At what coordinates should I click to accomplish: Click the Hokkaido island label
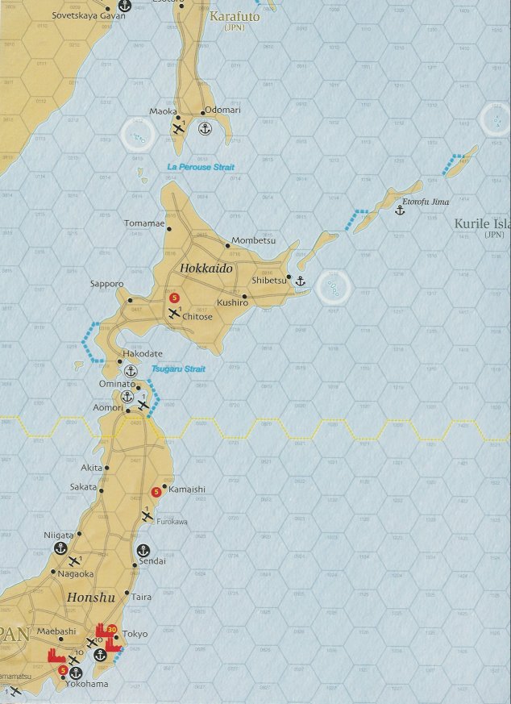206,269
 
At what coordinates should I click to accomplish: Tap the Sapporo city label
107,284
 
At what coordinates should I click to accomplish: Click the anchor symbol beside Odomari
205,127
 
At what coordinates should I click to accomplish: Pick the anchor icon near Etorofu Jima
399,210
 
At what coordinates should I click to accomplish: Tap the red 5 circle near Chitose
173,298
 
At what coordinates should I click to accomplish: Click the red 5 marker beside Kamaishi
156,492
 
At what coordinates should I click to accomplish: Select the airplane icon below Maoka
178,127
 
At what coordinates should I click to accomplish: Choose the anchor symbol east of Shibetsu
301,281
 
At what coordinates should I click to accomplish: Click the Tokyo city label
135,634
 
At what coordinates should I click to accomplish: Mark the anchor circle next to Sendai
143,550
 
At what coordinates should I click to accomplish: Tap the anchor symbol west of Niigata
60,548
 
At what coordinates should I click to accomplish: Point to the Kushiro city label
232,302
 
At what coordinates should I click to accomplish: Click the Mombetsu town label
253,240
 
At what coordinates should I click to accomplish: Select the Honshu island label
85,598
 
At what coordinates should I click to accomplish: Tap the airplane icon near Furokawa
147,514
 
